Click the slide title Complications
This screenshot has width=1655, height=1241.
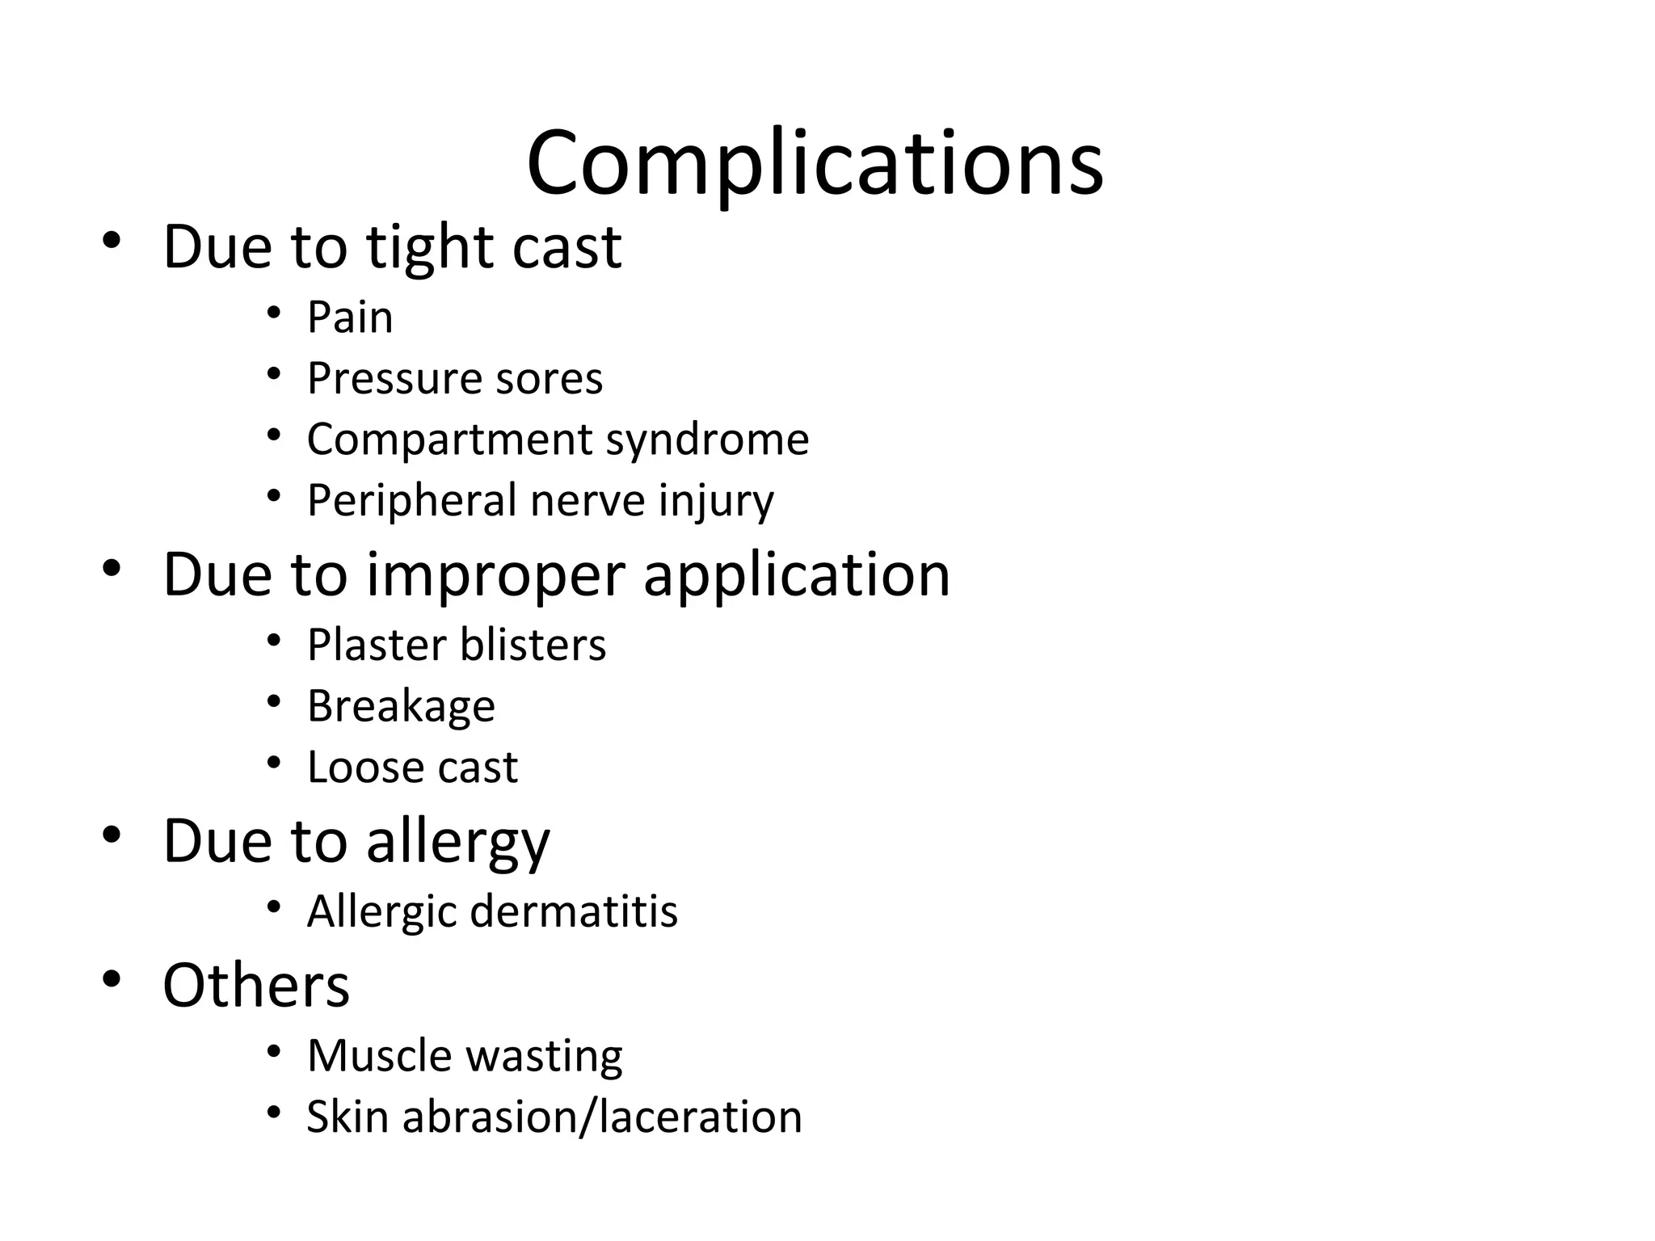815,164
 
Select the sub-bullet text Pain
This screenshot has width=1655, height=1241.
350,317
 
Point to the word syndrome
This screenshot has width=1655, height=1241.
707,441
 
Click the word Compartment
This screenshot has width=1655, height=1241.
450,440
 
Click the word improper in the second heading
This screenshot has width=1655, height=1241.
496,575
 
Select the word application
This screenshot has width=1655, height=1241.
796,575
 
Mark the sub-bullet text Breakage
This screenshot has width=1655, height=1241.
401,707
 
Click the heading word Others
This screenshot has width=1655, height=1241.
256,986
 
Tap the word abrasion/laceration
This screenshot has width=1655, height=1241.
602,1117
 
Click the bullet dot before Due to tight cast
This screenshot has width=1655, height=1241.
112,240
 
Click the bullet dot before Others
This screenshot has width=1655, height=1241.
112,979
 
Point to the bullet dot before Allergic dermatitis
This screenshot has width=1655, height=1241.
274,907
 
